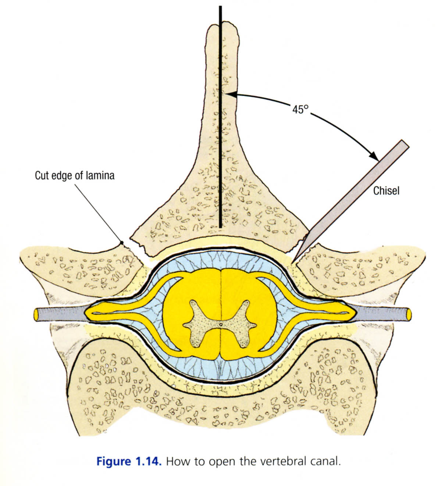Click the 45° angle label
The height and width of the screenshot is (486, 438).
300,109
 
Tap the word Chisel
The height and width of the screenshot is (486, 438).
386,191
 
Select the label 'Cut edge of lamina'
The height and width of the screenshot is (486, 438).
74,176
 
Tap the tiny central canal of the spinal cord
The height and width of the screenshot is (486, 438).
220,324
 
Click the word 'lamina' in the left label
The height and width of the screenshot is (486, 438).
100,176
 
